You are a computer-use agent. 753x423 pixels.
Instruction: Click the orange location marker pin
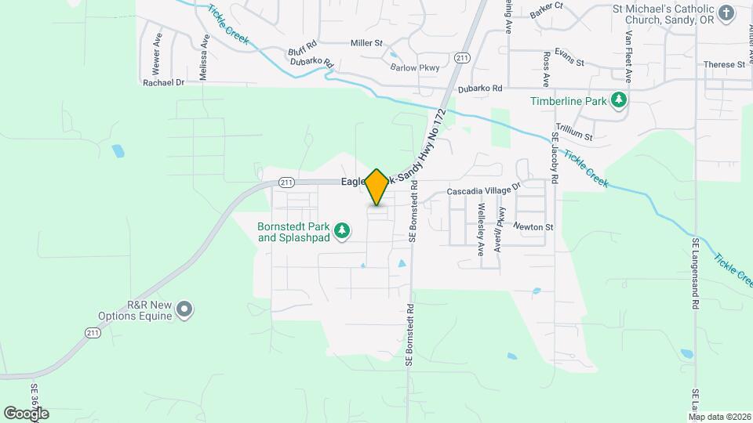tap(377, 187)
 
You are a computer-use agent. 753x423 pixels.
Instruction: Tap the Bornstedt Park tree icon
tap(341, 230)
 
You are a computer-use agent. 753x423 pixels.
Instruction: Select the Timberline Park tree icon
tap(620, 100)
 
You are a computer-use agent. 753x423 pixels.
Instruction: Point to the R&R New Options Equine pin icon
tap(184, 309)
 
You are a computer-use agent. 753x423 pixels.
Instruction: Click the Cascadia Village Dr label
tap(484, 190)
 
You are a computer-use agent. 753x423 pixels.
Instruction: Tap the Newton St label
tap(533, 227)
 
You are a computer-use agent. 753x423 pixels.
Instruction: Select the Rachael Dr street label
tap(163, 82)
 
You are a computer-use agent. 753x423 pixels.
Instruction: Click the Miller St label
tap(366, 43)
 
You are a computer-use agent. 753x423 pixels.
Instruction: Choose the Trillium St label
tap(574, 136)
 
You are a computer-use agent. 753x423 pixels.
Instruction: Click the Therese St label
tap(723, 65)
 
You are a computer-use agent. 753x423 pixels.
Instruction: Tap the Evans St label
tap(569, 53)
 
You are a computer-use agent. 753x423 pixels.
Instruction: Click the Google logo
tap(25, 413)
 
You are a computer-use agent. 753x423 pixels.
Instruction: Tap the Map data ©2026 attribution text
tap(718, 416)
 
